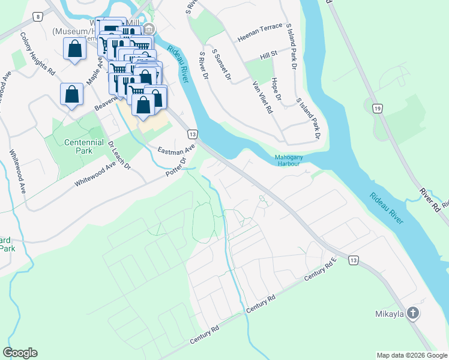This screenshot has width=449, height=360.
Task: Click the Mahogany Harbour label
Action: [x=288, y=160]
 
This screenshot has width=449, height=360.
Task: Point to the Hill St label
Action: [x=268, y=54]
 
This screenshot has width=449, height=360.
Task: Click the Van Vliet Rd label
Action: [x=262, y=97]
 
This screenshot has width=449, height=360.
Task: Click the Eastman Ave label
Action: [x=177, y=149]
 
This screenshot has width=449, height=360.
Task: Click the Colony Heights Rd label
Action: [x=37, y=53]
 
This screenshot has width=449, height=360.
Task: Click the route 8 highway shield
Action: [x=38, y=17]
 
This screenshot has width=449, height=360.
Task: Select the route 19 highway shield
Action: [x=376, y=108]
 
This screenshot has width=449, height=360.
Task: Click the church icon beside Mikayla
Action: [x=412, y=313]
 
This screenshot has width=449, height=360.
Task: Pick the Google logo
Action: [x=20, y=353]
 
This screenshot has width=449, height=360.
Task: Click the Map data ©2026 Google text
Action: [x=411, y=355]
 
